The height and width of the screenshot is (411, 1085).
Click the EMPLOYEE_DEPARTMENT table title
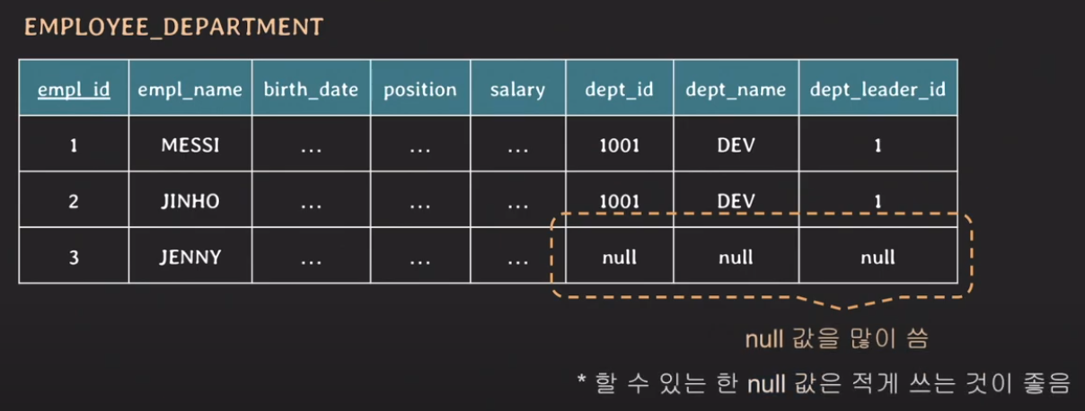coord(174,27)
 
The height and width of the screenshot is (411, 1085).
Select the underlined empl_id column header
coord(74,90)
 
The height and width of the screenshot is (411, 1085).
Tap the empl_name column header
coord(190,90)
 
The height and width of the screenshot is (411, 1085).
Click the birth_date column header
coord(311,90)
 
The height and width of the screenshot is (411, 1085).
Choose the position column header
coord(420,90)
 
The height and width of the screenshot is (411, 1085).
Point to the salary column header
coord(517,90)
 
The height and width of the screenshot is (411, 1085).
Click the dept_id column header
coord(619,90)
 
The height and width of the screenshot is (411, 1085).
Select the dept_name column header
coord(736,90)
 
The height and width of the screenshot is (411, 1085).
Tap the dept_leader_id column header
coord(878,90)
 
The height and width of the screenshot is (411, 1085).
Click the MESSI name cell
coord(190,145)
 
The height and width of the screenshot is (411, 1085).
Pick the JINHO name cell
coord(190,201)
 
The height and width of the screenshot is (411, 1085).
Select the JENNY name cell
coord(190,257)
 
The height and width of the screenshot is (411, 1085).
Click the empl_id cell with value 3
coord(74,257)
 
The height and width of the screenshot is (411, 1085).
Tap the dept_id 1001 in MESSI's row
coord(620,145)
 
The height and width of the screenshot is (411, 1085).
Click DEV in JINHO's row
coord(736,201)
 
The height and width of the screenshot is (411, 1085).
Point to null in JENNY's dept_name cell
coord(736,257)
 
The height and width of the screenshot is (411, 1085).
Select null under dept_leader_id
coord(878,257)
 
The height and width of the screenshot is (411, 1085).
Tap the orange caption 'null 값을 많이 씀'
coord(836,338)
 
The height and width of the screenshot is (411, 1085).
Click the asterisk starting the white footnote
coord(581,379)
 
